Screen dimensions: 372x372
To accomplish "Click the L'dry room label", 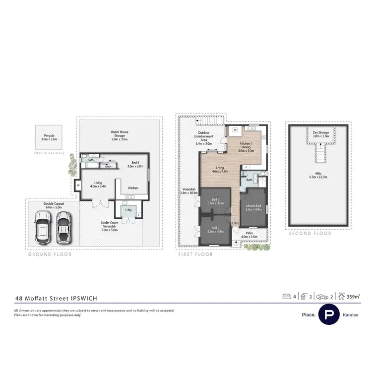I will click(x=128, y=210).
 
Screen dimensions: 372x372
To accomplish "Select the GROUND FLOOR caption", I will click(x=49, y=254).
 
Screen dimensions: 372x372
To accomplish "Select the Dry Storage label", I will click(x=321, y=134).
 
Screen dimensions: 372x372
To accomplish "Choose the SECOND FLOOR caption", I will click(x=310, y=234).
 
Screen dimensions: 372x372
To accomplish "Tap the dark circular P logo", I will click(x=328, y=314).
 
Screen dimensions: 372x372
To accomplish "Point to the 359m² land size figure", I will click(x=353, y=297).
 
